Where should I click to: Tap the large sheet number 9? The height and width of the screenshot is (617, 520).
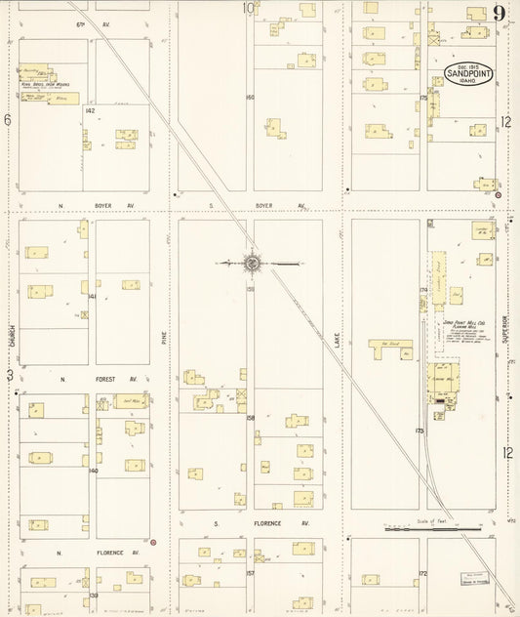tap(499, 13)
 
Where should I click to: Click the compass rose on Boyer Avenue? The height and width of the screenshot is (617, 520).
tap(251, 262)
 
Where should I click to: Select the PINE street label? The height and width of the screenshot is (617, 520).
tap(164, 338)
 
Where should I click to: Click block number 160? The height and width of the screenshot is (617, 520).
tap(250, 97)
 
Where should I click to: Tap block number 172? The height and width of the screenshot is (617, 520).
tap(423, 572)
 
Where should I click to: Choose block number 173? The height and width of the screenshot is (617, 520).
tap(420, 430)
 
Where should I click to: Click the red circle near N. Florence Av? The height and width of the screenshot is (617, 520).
tap(153, 542)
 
